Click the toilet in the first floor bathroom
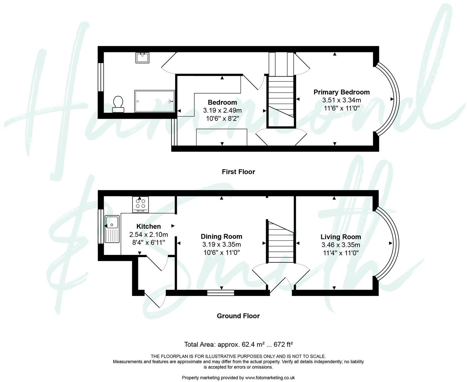[118, 104]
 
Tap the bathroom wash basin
[142, 58]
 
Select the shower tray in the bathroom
[154, 101]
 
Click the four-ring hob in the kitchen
[140, 204]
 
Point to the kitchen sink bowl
[112, 222]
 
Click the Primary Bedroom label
[341, 92]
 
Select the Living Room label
[340, 237]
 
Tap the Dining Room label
[221, 237]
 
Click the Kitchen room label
[149, 226]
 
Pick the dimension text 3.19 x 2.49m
[222, 110]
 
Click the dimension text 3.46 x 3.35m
[340, 245]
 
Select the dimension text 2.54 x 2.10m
[149, 234]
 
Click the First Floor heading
[238, 172]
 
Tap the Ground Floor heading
[238, 316]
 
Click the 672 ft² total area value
[283, 344]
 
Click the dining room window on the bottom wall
[221, 293]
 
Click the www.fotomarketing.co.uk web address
[270, 378]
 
